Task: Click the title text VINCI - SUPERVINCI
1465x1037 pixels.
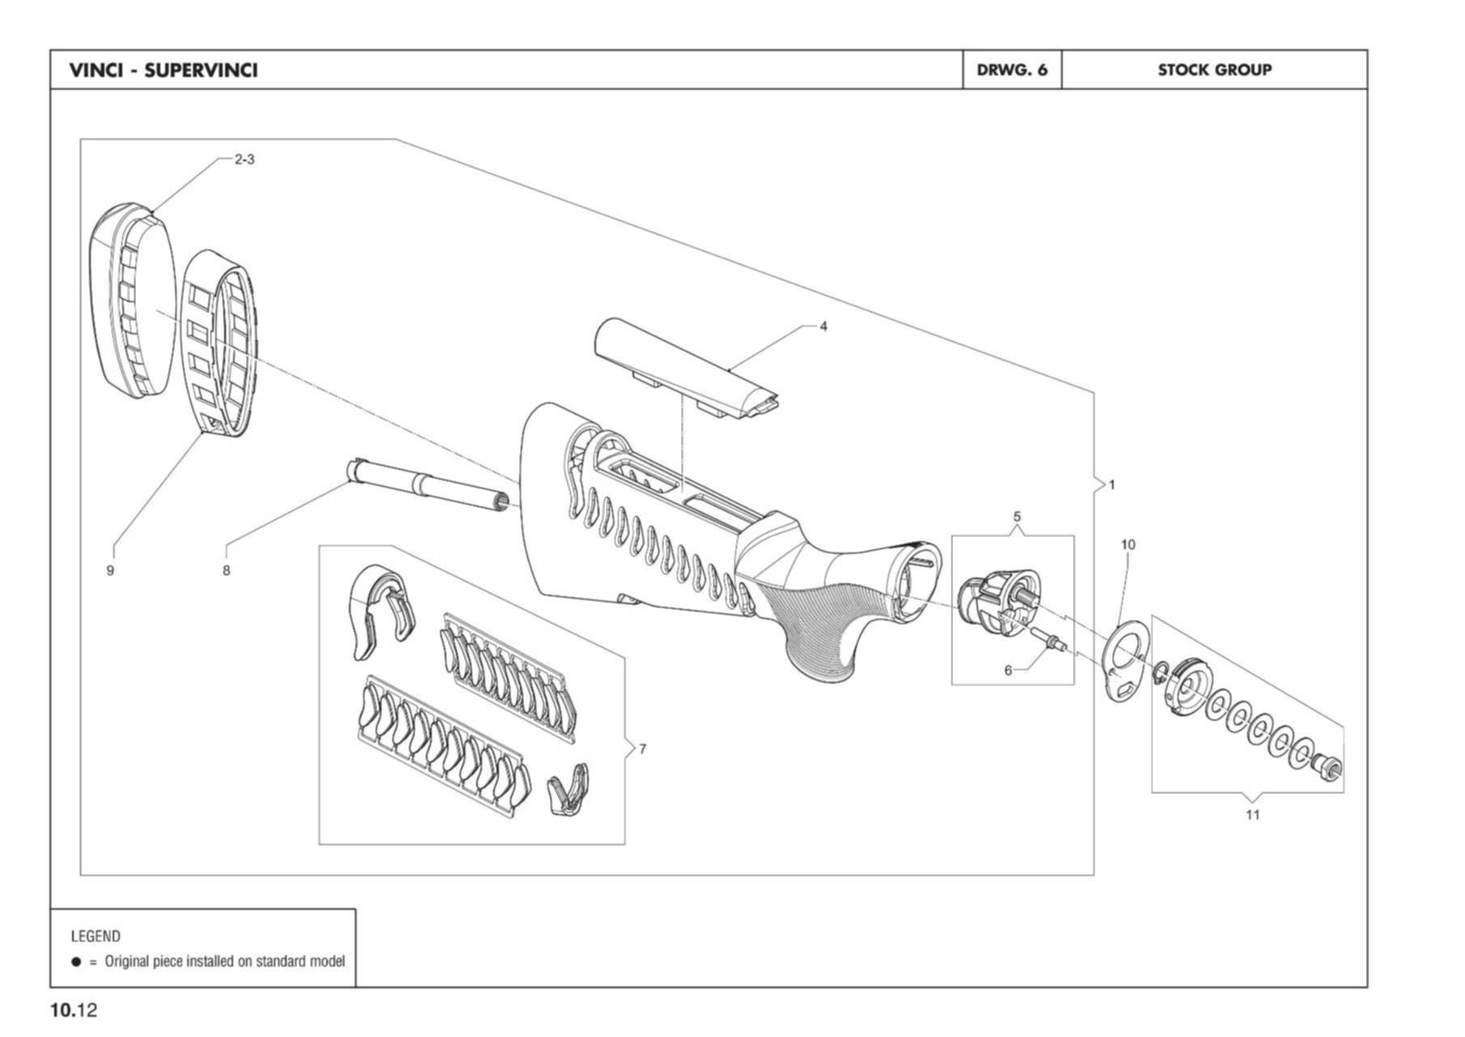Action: tap(164, 70)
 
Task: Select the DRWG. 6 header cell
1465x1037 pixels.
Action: tap(1011, 70)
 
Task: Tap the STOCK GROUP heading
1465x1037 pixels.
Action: tap(1214, 70)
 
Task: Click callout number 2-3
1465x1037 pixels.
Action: tap(245, 160)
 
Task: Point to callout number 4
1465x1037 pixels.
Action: tap(824, 326)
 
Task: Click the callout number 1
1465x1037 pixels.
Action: tap(1112, 484)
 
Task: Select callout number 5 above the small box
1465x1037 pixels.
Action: tap(1017, 516)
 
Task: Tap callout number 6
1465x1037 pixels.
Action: tap(1008, 670)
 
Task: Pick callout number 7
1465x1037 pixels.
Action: tap(643, 749)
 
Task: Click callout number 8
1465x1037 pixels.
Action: tap(227, 570)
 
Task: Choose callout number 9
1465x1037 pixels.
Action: tap(110, 570)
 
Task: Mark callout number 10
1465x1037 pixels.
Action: tap(1128, 544)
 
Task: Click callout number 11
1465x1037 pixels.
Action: tap(1253, 814)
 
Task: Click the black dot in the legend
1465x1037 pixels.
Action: tap(76, 962)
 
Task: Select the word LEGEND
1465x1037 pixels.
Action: tap(96, 937)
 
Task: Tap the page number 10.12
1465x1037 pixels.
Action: tap(74, 1010)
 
